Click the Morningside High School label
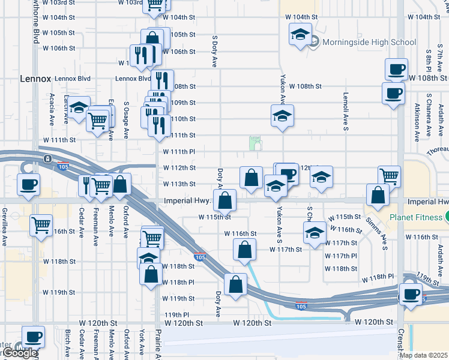[x=369, y=42]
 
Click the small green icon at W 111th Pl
[x=256, y=143]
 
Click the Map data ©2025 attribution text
[x=423, y=355]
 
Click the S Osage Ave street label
[x=126, y=120]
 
